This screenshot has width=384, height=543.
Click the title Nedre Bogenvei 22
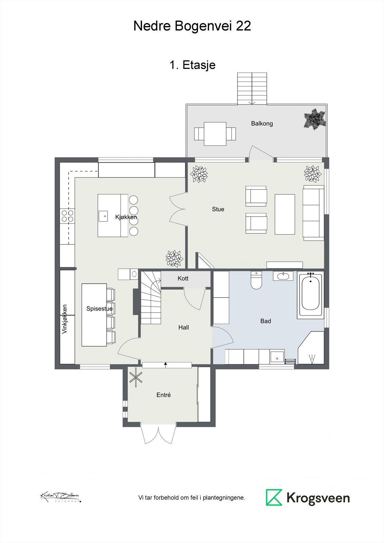coord(192,26)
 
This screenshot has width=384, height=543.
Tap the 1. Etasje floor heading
coord(192,64)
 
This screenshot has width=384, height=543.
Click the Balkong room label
coord(262,124)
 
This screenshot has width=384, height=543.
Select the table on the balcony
coord(215,134)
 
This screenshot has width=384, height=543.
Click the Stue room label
coord(218,209)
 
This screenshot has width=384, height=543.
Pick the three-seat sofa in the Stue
coord(313,213)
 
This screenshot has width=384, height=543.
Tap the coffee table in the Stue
coord(285,214)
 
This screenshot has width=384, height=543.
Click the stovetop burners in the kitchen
coord(67,216)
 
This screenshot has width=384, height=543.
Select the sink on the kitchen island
coord(104,216)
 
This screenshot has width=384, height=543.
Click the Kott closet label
coord(183,278)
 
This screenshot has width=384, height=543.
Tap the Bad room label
coord(266,321)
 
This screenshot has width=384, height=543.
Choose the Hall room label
coord(184,327)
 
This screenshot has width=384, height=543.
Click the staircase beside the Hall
coord(150,299)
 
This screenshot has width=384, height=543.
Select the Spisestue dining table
coord(94,315)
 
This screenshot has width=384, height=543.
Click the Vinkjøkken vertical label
coord(65,319)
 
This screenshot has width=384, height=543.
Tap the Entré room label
coord(164,395)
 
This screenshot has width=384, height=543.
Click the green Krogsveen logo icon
coord(274,498)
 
